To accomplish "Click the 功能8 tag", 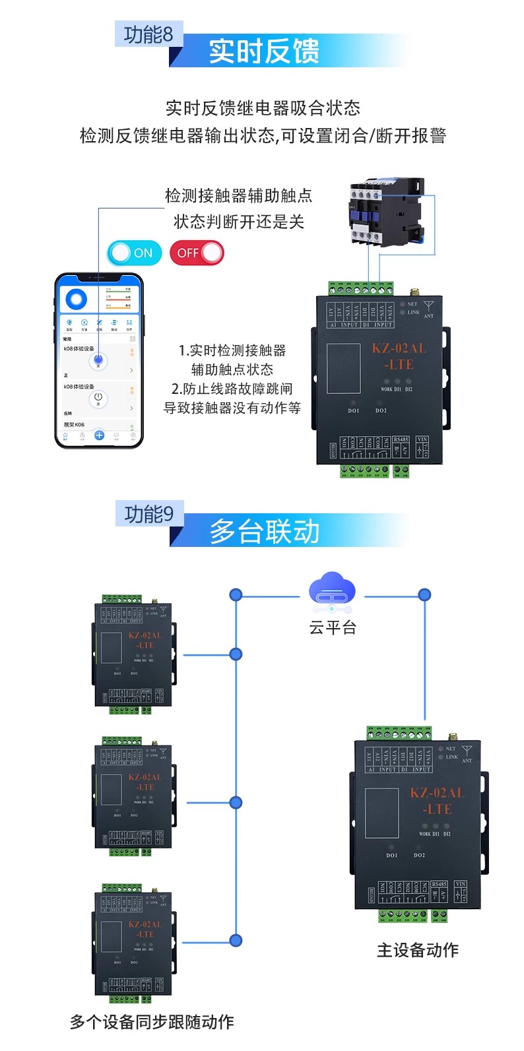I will [148, 34].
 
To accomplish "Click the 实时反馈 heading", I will [264, 51].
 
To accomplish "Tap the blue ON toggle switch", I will [135, 253].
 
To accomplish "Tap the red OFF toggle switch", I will [197, 253].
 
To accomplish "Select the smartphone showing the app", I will [99, 360].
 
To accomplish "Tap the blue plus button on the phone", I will [99, 435].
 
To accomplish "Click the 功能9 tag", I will [149, 514].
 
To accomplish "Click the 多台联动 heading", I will [265, 532].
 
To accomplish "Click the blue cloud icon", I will [332, 589].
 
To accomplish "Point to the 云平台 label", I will [333, 627].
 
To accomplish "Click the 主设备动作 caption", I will [417, 950].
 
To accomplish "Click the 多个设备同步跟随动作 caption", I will [152, 1022].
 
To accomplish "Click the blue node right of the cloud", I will [424, 594].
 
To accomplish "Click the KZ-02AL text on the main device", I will [437, 793].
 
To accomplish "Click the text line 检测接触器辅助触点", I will [238, 196].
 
